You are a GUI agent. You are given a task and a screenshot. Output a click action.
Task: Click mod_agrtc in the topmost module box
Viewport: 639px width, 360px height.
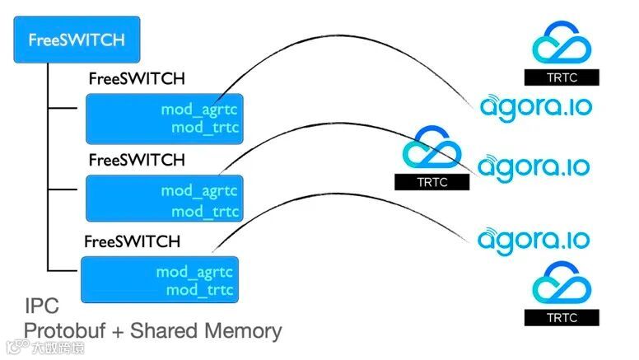(204, 109)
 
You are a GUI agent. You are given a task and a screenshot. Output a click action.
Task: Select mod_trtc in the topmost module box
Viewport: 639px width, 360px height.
(209, 127)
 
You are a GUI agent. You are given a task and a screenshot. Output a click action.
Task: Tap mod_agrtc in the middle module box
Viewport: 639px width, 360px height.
(199, 191)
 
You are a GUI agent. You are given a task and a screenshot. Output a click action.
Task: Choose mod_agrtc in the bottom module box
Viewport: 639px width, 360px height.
(194, 272)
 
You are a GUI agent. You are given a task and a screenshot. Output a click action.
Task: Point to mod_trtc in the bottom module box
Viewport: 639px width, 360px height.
(200, 290)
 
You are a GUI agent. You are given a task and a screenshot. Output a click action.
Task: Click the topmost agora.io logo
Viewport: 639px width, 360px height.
(536, 106)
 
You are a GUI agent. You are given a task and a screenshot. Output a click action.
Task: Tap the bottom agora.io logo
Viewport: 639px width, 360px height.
(534, 240)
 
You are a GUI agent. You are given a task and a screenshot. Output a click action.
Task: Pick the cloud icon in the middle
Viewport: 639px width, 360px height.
(432, 147)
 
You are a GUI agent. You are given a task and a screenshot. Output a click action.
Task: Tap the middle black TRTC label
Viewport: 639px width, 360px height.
(432, 182)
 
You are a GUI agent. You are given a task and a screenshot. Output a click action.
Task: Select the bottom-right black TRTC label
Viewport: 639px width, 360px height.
(562, 317)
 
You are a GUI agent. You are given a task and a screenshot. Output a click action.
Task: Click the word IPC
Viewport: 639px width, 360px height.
(41, 307)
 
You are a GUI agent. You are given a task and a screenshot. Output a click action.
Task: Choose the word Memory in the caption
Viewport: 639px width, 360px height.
(243, 331)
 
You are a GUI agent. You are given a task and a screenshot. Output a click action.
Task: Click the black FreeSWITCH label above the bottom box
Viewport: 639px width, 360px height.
(133, 242)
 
